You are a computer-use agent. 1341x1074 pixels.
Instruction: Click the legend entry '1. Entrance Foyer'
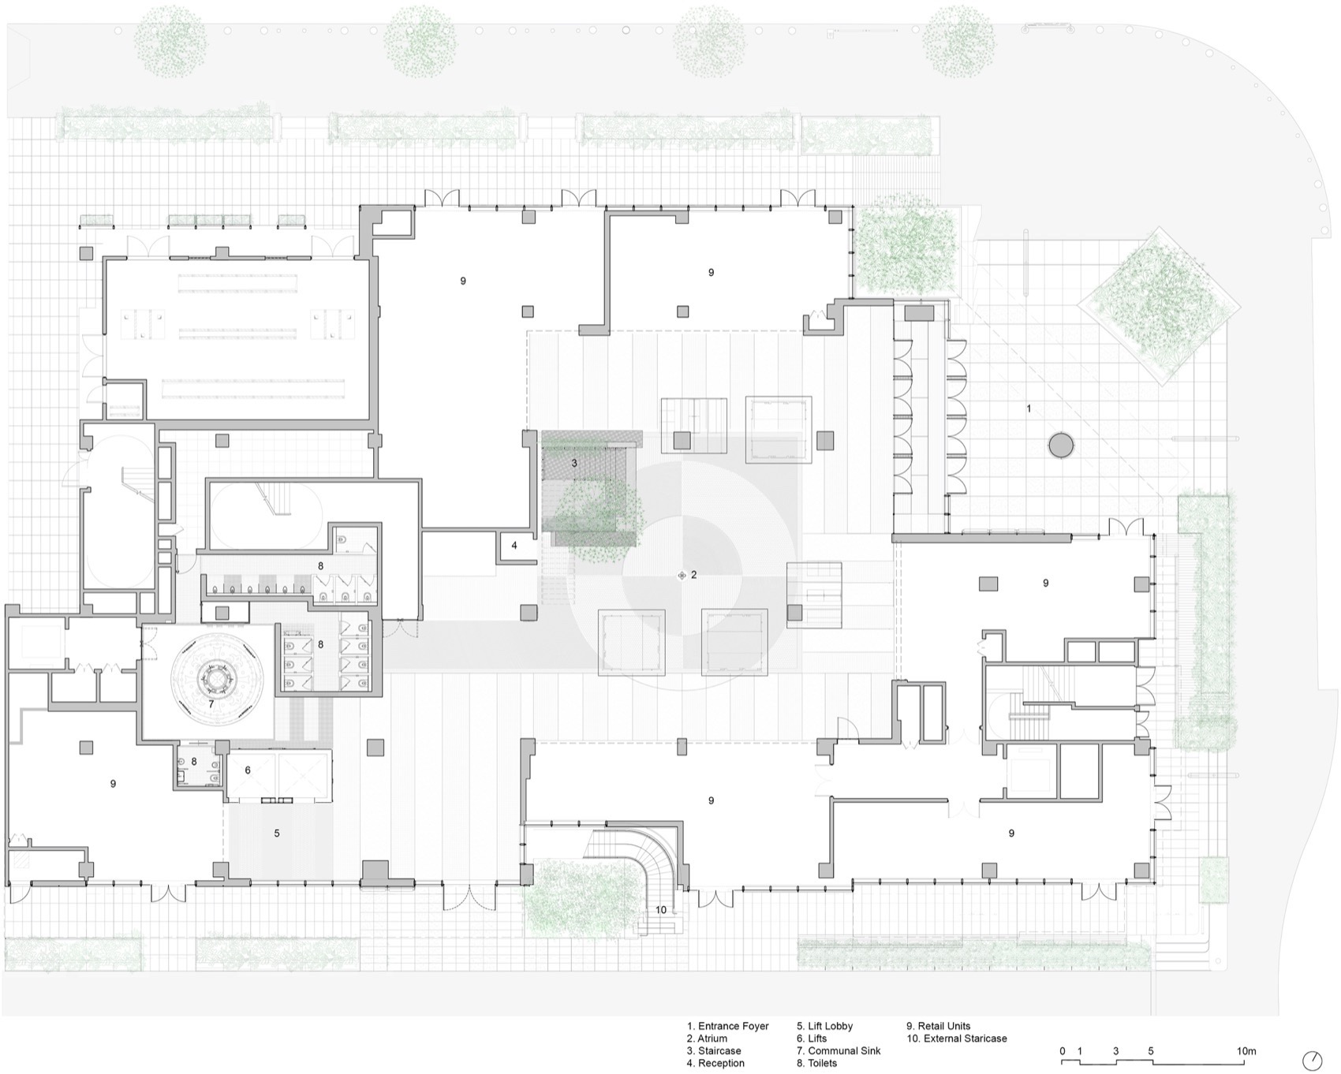[727, 1026]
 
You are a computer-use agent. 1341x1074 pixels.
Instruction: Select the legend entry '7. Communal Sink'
[839, 1050]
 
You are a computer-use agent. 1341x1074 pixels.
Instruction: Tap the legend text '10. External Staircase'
[957, 1039]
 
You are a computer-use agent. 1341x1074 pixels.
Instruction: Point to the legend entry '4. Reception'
[715, 1063]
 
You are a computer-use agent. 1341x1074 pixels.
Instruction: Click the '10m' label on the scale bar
[1246, 1051]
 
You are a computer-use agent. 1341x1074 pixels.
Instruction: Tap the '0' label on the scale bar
[1063, 1051]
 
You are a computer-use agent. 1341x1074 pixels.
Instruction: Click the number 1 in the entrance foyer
[1029, 408]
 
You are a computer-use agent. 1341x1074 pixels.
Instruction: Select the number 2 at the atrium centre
[694, 575]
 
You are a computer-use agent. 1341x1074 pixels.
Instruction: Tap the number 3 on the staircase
[574, 463]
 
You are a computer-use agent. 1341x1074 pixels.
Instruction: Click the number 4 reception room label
[514, 545]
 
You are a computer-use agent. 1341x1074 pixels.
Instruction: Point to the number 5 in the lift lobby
[277, 833]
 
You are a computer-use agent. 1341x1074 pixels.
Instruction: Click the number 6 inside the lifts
[248, 770]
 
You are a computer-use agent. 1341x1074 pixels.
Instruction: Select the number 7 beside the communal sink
[211, 703]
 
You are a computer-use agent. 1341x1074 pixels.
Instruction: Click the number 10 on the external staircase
[661, 909]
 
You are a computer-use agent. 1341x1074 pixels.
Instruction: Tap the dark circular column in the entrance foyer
[1062, 445]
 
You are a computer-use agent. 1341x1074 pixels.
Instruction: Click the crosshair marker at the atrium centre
[682, 576]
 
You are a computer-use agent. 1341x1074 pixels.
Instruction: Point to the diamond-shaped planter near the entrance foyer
[1158, 305]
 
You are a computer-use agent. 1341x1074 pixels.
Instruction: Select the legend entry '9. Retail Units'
[939, 1026]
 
